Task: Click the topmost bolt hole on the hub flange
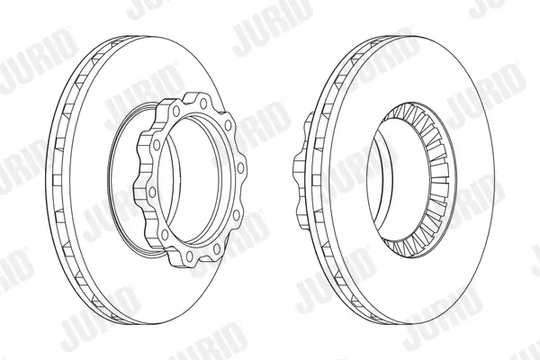point(203,103)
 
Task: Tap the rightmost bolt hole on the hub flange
point(240,167)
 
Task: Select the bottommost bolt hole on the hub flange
point(189,256)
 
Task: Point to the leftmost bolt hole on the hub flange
point(152,192)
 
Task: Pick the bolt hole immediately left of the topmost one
point(176,111)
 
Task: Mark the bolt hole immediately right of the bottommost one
point(217,248)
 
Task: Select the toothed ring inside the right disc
point(436,179)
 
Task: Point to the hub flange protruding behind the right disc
point(301,170)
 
